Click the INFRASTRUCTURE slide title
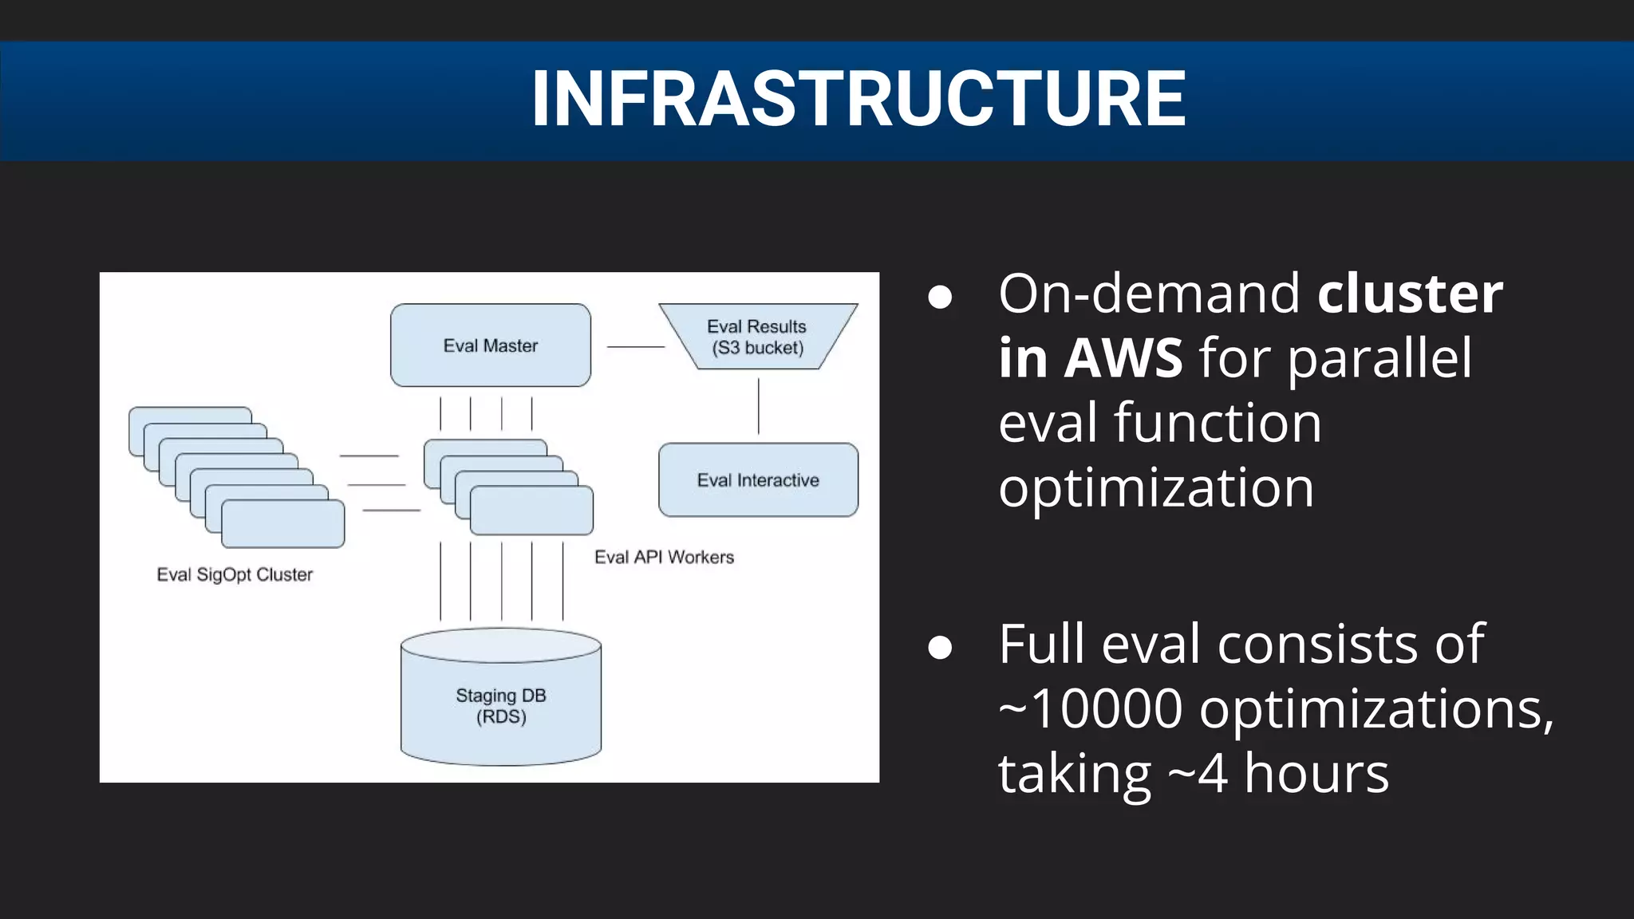(858, 99)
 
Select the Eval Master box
(491, 345)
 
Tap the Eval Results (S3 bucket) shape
(757, 337)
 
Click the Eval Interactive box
(758, 480)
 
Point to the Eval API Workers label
(664, 558)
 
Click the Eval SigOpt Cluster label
(235, 575)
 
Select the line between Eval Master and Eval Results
(635, 347)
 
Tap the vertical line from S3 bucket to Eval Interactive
(758, 406)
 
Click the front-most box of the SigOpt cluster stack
(283, 524)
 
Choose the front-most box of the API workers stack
(532, 511)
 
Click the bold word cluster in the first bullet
(1410, 294)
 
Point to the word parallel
(1379, 358)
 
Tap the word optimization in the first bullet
(1155, 487)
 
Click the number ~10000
(1090, 708)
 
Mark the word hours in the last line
(1316, 773)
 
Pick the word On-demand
(1149, 294)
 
